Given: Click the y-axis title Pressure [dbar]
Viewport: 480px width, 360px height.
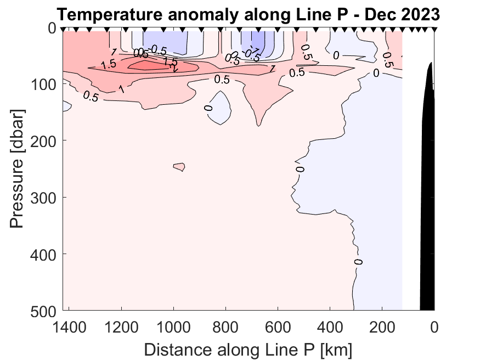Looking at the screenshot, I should [18, 168].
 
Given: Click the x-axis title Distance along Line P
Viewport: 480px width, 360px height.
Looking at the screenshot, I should [248, 349].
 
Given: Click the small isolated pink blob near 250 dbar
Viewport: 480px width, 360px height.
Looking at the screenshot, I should [179, 167].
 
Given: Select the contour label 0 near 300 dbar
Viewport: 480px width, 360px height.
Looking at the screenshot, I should [300, 168].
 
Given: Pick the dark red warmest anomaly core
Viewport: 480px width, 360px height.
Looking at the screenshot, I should [151, 65].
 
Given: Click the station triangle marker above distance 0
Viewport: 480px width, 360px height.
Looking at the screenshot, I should [434, 30].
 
